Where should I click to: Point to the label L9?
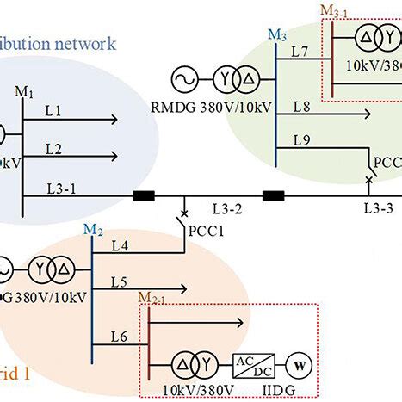coord(301,139)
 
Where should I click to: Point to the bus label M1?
coord(23,90)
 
